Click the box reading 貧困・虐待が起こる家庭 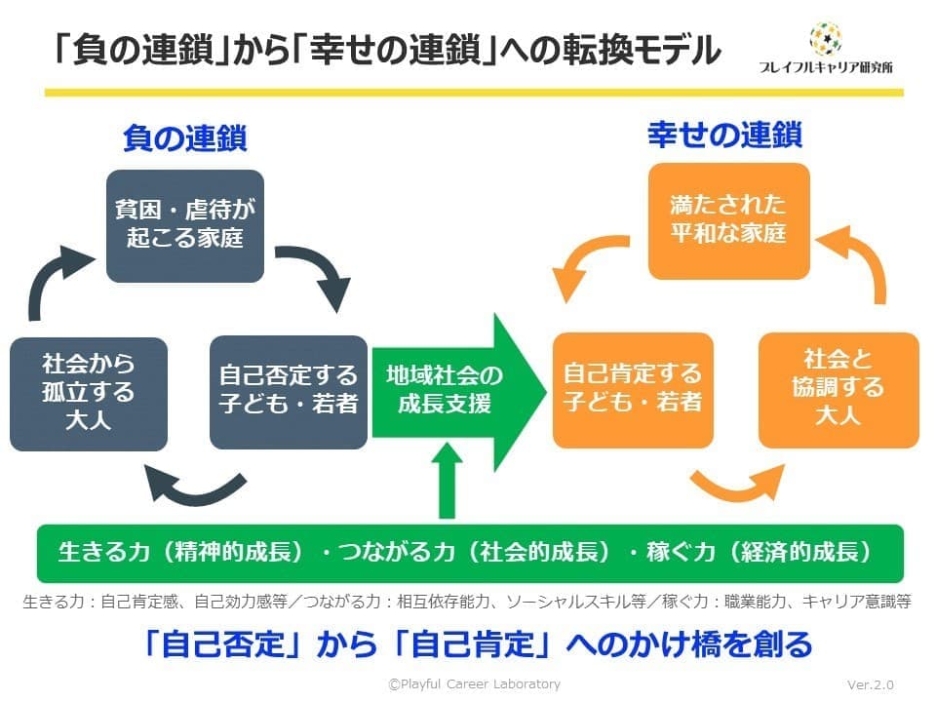(x=185, y=225)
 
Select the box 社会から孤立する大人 (x=89, y=392)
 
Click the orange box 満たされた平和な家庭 (x=729, y=219)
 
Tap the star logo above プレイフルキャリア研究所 (x=826, y=39)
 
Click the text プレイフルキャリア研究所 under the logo (x=826, y=67)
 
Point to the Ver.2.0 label (x=871, y=684)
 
